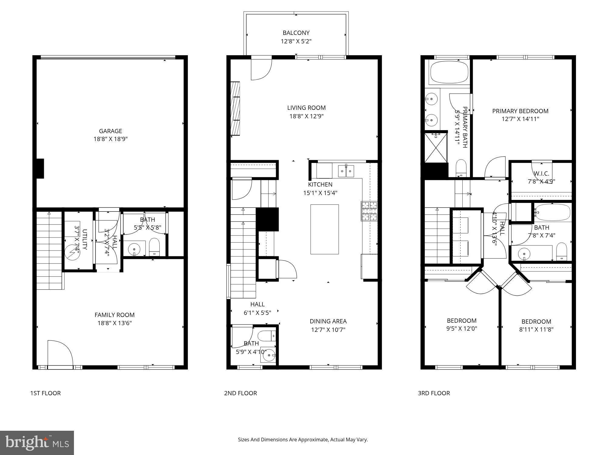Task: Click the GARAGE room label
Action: click(110, 131)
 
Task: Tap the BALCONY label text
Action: click(296, 33)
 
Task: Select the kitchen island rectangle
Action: click(324, 229)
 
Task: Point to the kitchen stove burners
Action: click(369, 211)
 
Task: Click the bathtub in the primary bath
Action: click(449, 72)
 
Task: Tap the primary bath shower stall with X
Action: click(436, 148)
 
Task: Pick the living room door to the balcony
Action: click(261, 69)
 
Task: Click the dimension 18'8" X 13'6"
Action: click(115, 323)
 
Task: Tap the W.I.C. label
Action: click(541, 174)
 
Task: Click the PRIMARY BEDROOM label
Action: click(520, 111)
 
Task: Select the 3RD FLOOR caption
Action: click(434, 393)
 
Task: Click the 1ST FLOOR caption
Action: click(45, 393)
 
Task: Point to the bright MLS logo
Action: click(37, 443)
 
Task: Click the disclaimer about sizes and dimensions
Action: click(303, 440)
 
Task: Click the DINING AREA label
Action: click(328, 321)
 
